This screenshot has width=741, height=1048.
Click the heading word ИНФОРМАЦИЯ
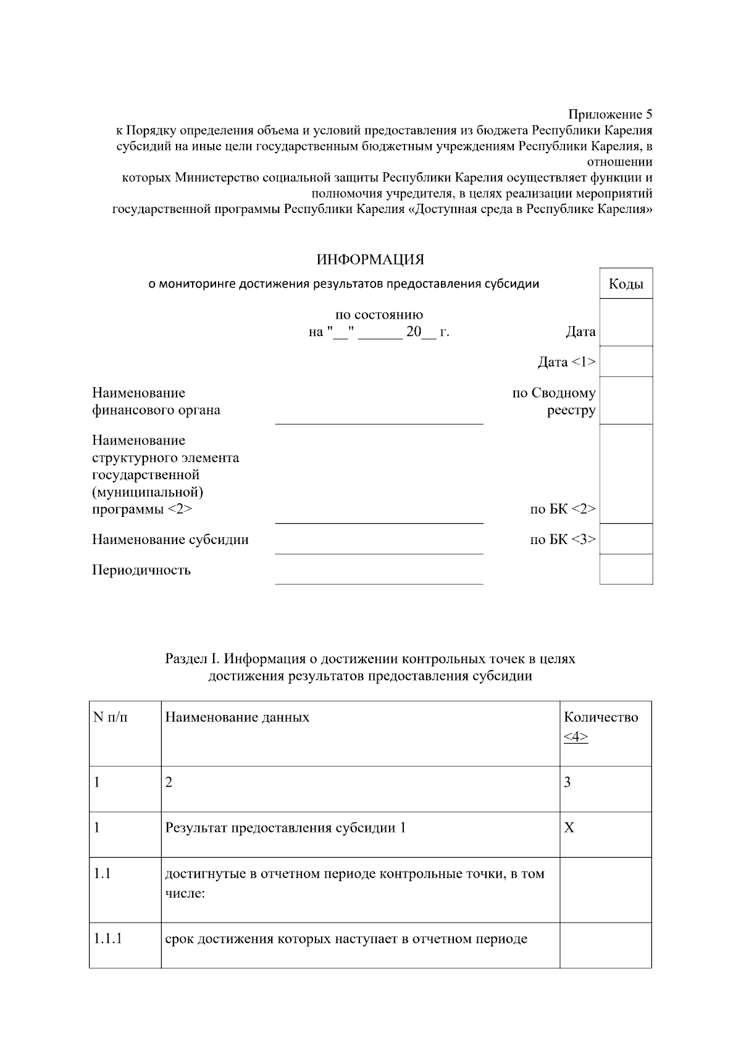pyautogui.click(x=370, y=259)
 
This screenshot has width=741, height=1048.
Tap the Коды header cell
pyautogui.click(x=626, y=284)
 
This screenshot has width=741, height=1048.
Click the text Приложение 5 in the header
pyautogui.click(x=609, y=114)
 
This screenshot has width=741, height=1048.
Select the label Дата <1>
pyautogui.click(x=566, y=362)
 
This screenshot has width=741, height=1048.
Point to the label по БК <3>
pyautogui.click(x=563, y=540)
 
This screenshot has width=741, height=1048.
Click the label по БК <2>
pyautogui.click(x=563, y=509)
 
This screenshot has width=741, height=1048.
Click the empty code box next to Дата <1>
pyautogui.click(x=626, y=362)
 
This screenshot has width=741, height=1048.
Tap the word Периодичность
pyautogui.click(x=141, y=570)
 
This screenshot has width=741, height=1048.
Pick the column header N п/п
pyautogui.click(x=111, y=718)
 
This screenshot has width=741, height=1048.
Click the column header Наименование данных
pyautogui.click(x=237, y=718)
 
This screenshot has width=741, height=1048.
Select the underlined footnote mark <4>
pyautogui.click(x=576, y=737)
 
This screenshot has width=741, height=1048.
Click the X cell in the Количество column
pyautogui.click(x=569, y=828)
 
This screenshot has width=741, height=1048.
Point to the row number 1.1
pyautogui.click(x=102, y=874)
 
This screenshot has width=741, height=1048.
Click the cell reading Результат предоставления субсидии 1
pyautogui.click(x=285, y=828)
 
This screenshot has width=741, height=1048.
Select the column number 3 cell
pyautogui.click(x=567, y=782)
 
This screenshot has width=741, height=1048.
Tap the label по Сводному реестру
pyautogui.click(x=554, y=401)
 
